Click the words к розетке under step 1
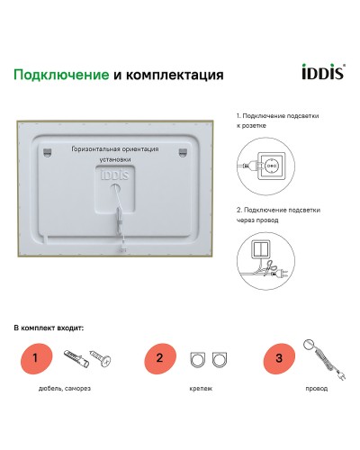[x=250, y=128]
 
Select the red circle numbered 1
[x=35, y=358]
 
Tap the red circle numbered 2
[x=159, y=358]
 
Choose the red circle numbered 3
[x=279, y=358]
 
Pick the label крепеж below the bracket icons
[x=202, y=389]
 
